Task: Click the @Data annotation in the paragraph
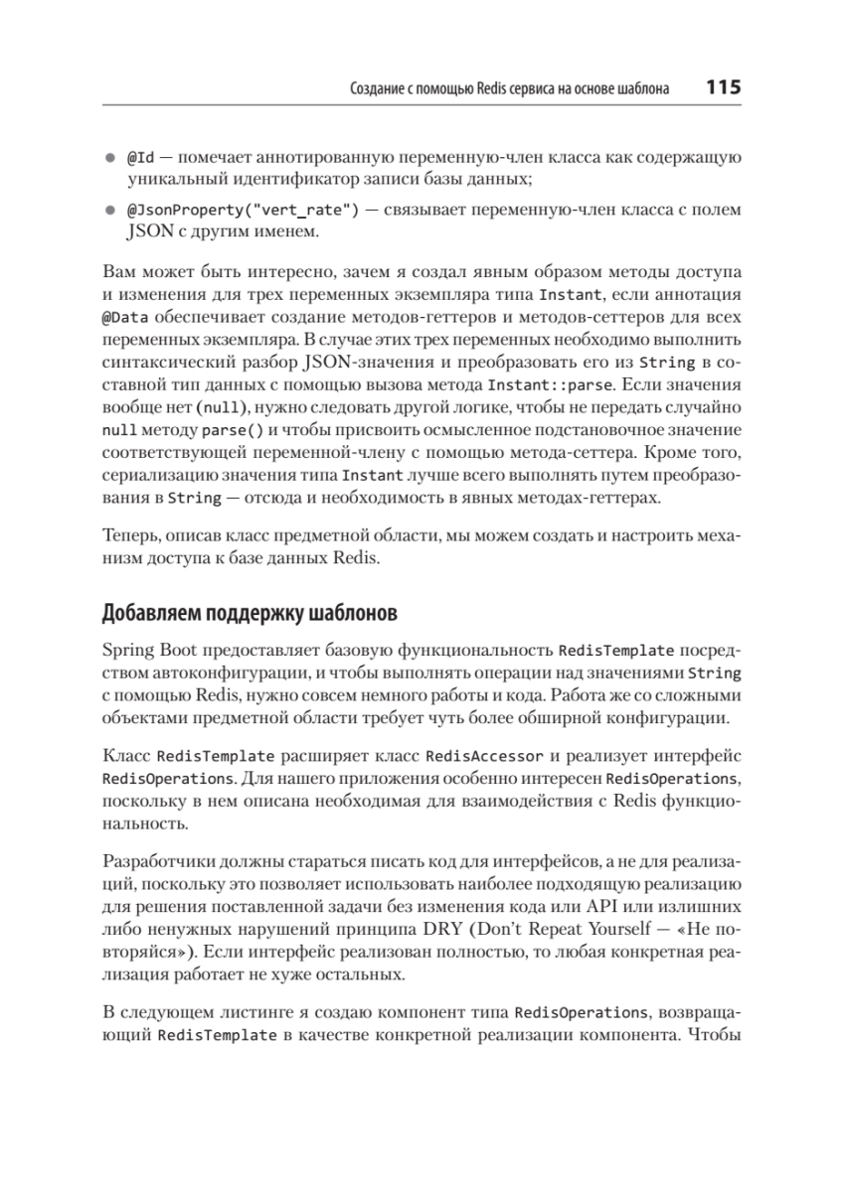(x=123, y=316)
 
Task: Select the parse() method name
(x=234, y=430)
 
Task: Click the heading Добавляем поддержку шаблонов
(x=250, y=613)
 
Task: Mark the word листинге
(x=247, y=1013)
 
